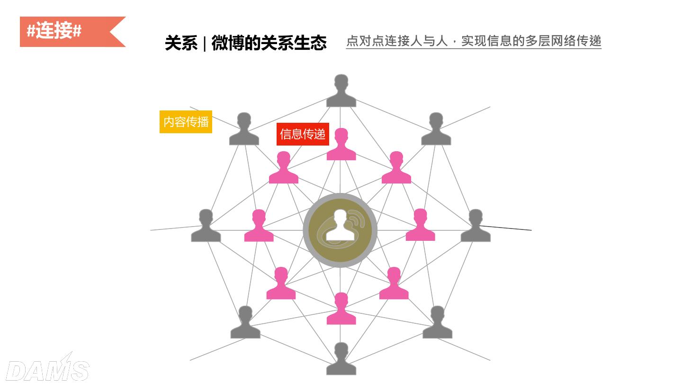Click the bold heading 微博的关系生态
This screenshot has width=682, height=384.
coord(269,43)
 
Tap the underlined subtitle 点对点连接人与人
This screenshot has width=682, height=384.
coord(397,41)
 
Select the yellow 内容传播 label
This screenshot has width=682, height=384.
coord(186,122)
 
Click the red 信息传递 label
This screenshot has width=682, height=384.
coord(303,134)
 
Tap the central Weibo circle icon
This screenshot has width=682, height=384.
coord(340,230)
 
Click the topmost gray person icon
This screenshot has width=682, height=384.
coord(341,91)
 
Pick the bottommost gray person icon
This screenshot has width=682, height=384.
coord(341,359)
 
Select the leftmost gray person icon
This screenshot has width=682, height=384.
coord(206,226)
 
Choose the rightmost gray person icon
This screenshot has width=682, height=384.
coord(476,226)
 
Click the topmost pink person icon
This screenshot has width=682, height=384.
coord(341,145)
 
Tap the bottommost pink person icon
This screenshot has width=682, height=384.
coord(341,309)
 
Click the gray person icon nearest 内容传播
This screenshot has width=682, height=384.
coord(244,129)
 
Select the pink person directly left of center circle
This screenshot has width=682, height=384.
coord(259,226)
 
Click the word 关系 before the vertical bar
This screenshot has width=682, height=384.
coord(181,43)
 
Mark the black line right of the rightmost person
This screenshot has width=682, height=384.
coord(509,228)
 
